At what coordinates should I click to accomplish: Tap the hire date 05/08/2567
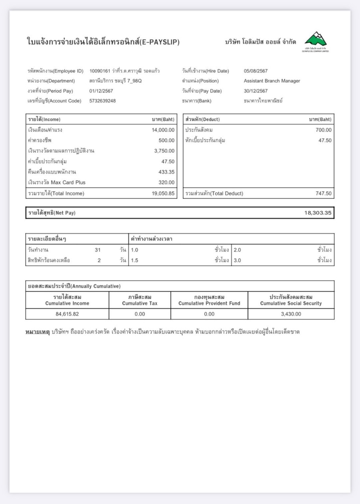256,71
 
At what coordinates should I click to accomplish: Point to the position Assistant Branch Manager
272,81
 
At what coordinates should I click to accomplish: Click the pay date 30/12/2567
256,91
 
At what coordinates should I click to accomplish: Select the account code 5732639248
102,101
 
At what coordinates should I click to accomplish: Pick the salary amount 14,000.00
163,130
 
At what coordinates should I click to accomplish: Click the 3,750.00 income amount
164,151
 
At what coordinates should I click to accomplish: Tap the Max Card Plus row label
57,182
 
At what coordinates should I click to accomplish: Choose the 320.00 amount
166,182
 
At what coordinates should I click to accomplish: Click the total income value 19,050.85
163,193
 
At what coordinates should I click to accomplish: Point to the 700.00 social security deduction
323,130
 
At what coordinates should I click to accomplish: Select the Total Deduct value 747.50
323,193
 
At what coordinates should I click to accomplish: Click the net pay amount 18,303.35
318,213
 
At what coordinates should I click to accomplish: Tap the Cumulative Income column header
67,300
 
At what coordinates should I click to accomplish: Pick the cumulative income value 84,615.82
67,314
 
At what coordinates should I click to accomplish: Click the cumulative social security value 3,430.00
291,314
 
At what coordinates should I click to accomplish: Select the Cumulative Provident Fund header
209,300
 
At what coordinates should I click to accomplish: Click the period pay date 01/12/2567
101,91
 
